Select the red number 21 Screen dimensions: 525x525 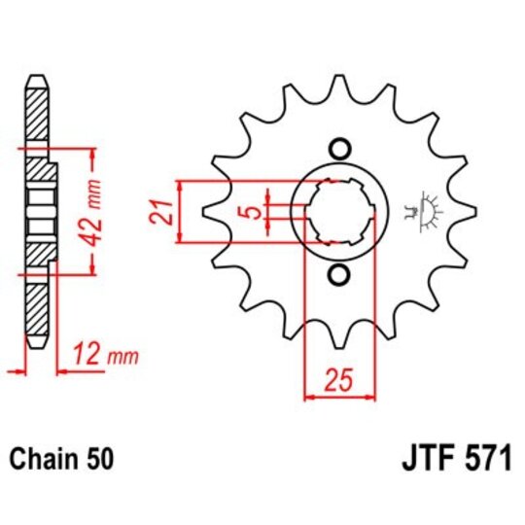point(165,211)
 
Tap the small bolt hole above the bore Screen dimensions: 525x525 point(339,149)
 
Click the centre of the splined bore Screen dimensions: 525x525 point(339,211)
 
